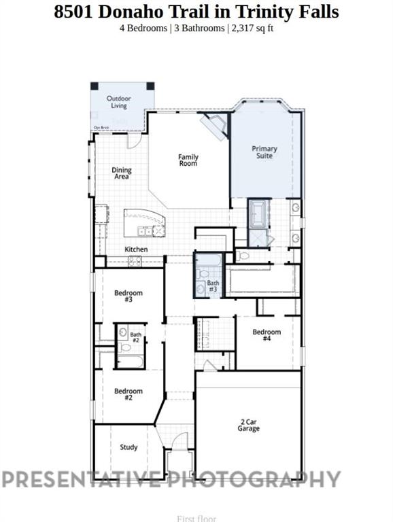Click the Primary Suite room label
point(264,152)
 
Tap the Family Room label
point(188,160)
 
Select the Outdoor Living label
point(119,102)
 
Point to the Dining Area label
point(122,173)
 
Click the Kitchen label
point(136,249)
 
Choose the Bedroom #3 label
point(128,296)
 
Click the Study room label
point(129,447)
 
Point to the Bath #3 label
point(213,286)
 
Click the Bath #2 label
point(135,336)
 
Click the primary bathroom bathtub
point(258,213)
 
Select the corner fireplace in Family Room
point(216,126)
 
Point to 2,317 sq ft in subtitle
point(252,28)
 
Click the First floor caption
point(196,518)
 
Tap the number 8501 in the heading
point(74,12)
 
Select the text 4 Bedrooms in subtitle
point(142,28)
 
